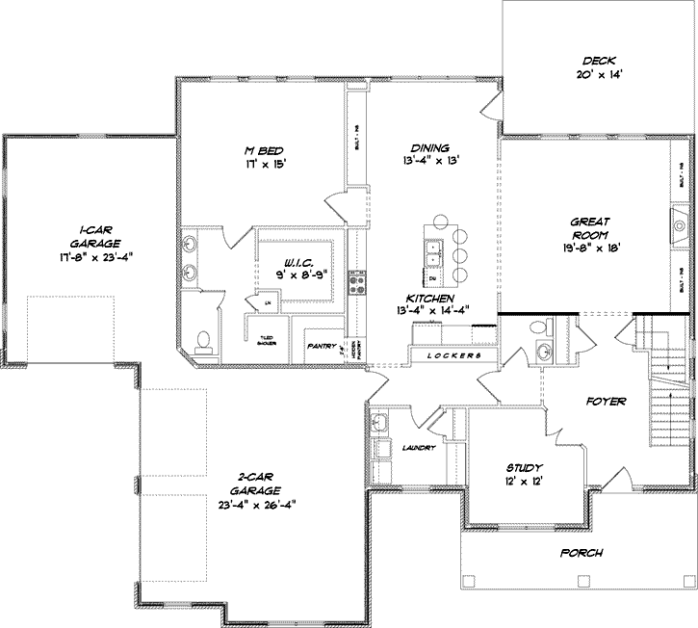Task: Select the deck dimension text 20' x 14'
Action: point(596,74)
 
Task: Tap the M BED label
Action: point(263,148)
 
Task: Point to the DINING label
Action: point(429,147)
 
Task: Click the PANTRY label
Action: point(320,345)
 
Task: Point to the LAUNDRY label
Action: point(419,448)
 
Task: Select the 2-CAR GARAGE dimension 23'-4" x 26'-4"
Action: point(255,503)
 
